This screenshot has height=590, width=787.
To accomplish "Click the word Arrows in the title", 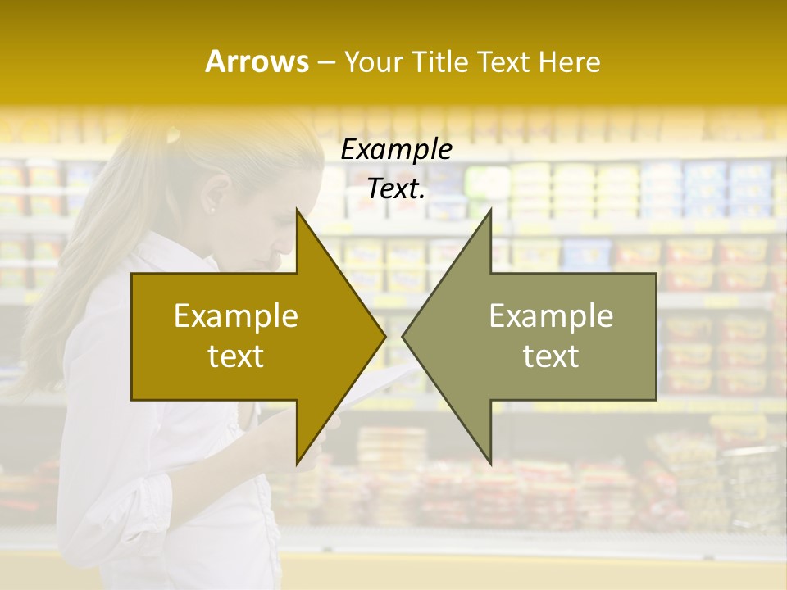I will coord(257,61).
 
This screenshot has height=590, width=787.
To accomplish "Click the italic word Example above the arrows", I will coord(396,150).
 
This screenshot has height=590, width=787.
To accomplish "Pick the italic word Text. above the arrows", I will coord(396,189).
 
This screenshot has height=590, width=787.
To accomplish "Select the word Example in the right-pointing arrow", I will coord(236,316).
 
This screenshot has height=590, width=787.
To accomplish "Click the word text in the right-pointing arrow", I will coord(236,356).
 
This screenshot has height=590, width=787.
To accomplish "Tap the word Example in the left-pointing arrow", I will coord(551,316).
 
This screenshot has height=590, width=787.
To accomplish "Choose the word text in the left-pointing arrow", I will coord(551,356).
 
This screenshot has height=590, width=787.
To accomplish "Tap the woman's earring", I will coord(212,211).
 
